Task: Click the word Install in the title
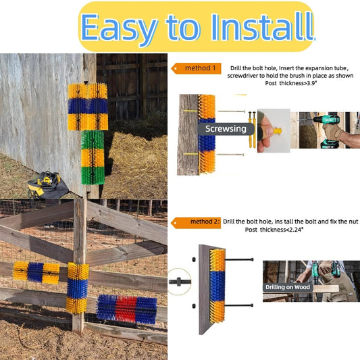tap(263, 27)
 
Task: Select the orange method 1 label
tap(197, 68)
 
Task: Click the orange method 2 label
tap(197, 222)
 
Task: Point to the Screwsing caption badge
tap(226, 129)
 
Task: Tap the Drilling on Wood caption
tap(288, 287)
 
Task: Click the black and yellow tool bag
tap(48, 185)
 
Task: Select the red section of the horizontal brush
tap(126, 309)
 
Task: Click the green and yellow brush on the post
tap(93, 157)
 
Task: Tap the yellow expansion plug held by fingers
tap(278, 131)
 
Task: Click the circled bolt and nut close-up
tap(179, 282)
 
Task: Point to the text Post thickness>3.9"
tap(290, 83)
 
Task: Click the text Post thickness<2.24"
tap(274, 230)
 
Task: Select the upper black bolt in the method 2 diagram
tap(240, 259)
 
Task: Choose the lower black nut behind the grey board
tap(194, 306)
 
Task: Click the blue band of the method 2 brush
tap(217, 286)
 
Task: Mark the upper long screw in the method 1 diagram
tap(232, 111)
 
